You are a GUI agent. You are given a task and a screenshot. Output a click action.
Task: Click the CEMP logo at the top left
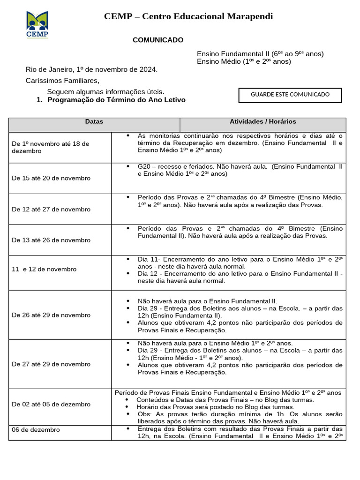37,24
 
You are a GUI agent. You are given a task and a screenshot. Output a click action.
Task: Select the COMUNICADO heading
158,40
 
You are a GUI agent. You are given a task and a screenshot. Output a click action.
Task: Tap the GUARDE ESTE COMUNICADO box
290,95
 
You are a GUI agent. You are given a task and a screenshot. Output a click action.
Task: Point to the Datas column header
94,122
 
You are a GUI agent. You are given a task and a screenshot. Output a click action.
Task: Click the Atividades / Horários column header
263,122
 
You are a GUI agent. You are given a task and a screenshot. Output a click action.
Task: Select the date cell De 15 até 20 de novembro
51,178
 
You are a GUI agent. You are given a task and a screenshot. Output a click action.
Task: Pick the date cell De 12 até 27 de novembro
51,209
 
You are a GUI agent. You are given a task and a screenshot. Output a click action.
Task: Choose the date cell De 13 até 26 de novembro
51,240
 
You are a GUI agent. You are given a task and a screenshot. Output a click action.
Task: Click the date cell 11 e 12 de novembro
44,269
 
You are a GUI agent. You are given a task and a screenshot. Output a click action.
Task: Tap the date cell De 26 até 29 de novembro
51,315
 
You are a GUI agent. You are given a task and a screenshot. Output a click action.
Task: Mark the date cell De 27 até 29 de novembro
51,364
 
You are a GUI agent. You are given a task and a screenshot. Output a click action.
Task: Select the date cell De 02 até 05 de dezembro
51,405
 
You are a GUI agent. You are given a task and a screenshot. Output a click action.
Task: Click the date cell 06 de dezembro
36,429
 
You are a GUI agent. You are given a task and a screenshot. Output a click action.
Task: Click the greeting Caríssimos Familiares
62,81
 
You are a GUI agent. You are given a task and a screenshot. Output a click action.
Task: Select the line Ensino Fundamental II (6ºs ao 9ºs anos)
260,54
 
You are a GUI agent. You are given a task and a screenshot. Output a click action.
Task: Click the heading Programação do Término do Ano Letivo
116,100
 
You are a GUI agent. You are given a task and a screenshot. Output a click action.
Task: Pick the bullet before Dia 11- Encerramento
128,259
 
